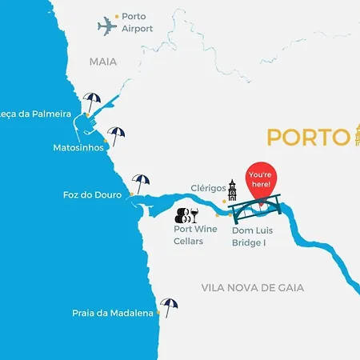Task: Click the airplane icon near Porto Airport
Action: [x=107, y=26]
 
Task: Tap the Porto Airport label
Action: [x=138, y=22]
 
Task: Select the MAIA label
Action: [x=103, y=61]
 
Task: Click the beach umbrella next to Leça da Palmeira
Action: [x=92, y=103]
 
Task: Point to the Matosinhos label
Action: [x=78, y=148]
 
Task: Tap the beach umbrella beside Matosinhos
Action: [x=117, y=136]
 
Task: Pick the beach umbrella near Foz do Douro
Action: [x=141, y=183]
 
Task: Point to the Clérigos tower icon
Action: [x=232, y=190]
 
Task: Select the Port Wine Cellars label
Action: [x=195, y=235]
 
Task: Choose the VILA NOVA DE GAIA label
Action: [x=253, y=287]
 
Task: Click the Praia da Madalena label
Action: [x=112, y=314]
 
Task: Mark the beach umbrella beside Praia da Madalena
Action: [x=168, y=307]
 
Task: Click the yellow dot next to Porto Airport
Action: [x=117, y=16]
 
